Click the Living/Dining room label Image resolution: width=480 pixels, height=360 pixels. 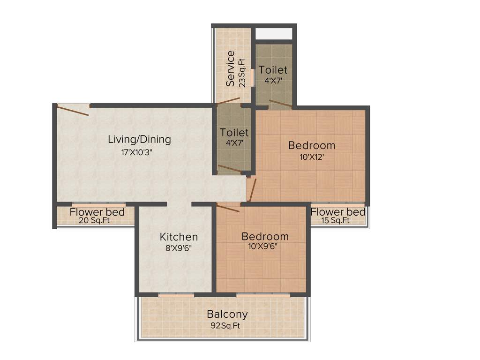click(x=139, y=139)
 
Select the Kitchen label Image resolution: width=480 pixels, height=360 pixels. click(x=179, y=237)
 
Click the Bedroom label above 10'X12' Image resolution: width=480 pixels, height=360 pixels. click(x=311, y=145)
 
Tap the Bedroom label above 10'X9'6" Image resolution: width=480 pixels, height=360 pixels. click(x=265, y=236)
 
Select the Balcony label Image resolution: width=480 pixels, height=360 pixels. click(x=227, y=314)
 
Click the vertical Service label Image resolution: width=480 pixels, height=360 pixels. click(x=230, y=68)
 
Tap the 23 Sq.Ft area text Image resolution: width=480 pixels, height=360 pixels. click(x=242, y=73)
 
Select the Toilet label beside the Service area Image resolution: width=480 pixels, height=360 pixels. click(x=273, y=70)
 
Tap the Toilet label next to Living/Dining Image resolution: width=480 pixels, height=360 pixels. click(x=234, y=133)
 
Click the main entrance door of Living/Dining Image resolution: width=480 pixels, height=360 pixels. click(x=73, y=110)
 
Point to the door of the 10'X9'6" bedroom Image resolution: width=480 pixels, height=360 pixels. click(x=228, y=207)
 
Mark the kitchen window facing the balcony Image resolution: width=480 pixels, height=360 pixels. click(x=176, y=295)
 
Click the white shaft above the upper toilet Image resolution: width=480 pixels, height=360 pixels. click(x=274, y=34)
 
